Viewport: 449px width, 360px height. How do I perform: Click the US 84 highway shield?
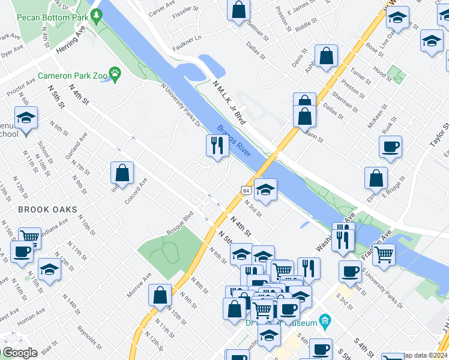(x=247, y=190)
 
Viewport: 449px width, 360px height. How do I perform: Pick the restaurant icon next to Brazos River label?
(x=216, y=145)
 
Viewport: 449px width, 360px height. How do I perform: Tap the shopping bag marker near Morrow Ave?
(x=160, y=295)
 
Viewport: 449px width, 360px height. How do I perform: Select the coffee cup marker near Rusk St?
(x=390, y=146)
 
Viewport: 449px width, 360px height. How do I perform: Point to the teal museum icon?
(x=325, y=319)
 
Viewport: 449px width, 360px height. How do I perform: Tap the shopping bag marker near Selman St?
(x=239, y=10)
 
